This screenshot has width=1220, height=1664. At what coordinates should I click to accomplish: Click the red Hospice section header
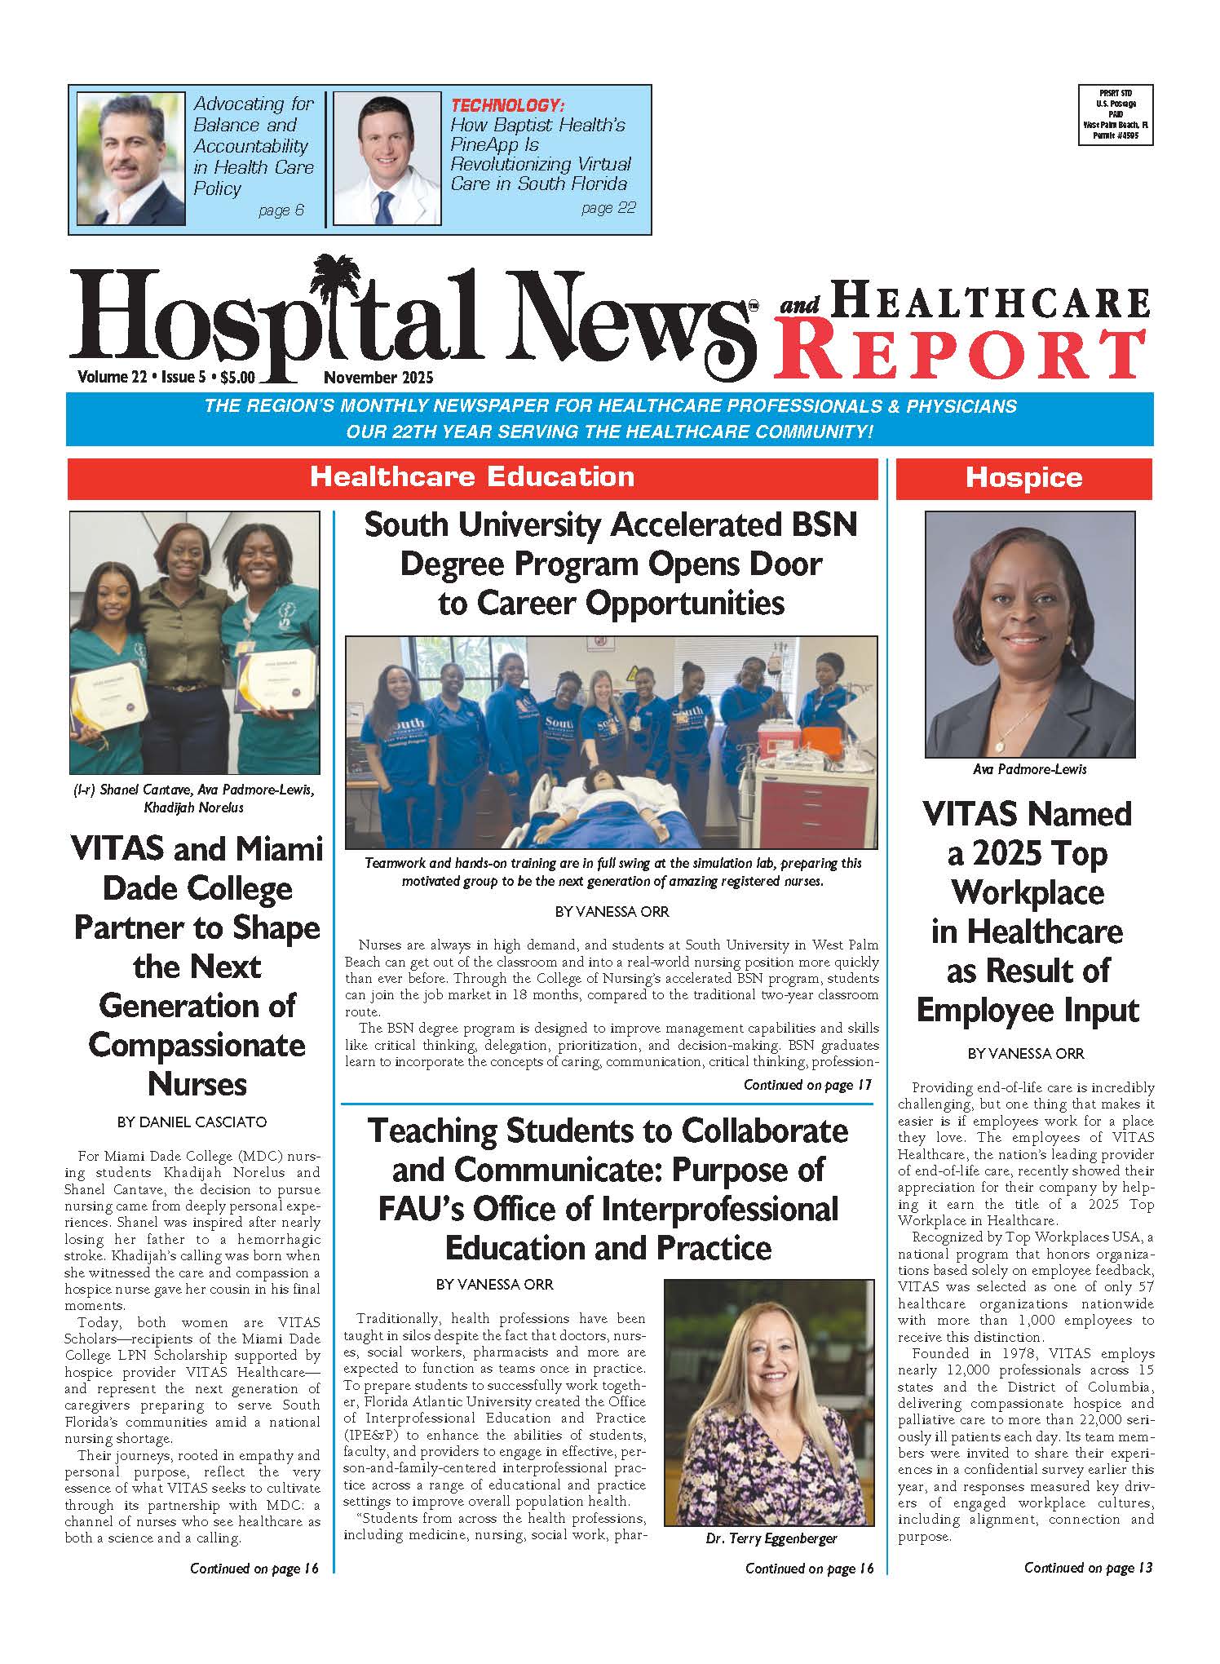[x=1023, y=478]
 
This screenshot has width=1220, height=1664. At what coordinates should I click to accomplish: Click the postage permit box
[x=1116, y=115]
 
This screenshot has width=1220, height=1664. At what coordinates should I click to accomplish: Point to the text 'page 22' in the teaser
[x=608, y=209]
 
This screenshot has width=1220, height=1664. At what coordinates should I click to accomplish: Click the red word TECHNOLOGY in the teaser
[x=508, y=105]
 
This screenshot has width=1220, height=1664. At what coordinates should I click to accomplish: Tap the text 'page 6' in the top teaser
[x=281, y=210]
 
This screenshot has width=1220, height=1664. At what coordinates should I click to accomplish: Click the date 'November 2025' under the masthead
[x=378, y=378]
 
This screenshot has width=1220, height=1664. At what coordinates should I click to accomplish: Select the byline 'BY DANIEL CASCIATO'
[x=192, y=1122]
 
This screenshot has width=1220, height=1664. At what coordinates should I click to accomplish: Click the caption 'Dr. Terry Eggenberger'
[x=771, y=1538]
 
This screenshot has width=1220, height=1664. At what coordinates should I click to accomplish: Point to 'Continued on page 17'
[x=807, y=1085]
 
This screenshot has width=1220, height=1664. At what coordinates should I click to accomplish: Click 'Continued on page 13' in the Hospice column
[x=1088, y=1568]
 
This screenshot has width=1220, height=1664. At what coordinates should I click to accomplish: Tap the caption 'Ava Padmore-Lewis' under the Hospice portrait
[x=1029, y=769]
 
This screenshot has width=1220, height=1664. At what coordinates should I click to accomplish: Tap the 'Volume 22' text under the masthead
[x=111, y=378]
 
